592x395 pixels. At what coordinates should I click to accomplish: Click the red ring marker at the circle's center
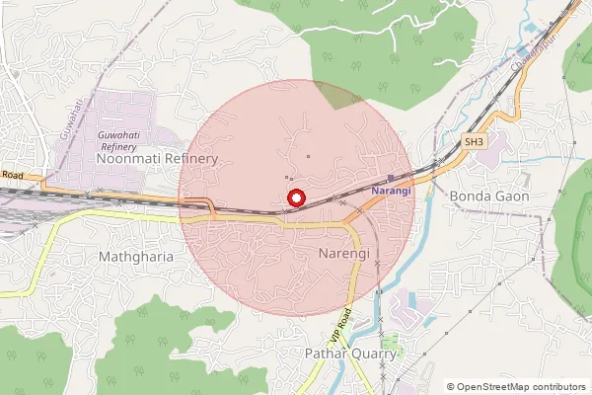coord(295,198)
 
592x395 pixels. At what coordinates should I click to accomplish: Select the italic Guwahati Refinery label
coord(118,139)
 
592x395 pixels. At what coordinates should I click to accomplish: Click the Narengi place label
coord(344,254)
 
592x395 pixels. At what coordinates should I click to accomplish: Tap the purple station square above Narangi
coord(392,177)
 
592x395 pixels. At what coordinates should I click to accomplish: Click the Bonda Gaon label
coord(489,196)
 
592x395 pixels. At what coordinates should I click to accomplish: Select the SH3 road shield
coord(476,142)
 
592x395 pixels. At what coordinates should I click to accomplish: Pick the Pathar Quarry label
coord(349,353)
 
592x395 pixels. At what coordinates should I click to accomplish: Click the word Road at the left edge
coord(12,175)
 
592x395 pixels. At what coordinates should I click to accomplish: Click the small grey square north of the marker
coord(308,155)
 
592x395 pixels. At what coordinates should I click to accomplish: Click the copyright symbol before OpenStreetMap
coord(451,386)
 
